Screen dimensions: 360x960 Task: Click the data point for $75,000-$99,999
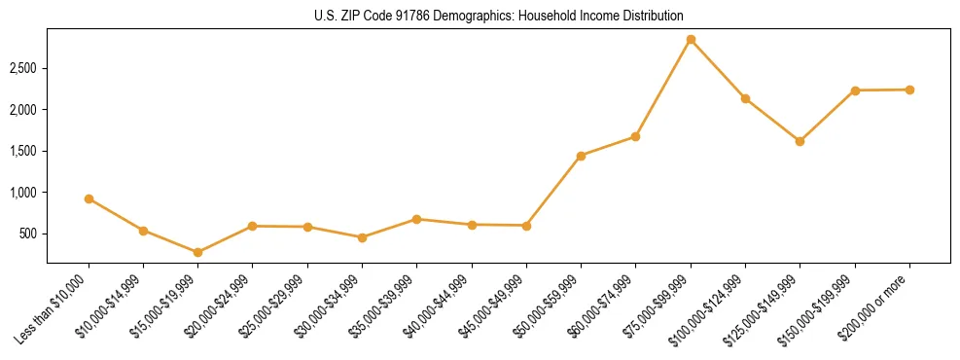(691, 40)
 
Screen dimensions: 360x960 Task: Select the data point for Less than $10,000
(89, 198)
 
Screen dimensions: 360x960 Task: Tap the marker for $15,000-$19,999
(197, 252)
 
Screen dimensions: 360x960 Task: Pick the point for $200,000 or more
(909, 90)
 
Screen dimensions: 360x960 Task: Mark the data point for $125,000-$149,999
(800, 141)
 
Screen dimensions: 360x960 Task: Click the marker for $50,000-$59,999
(581, 156)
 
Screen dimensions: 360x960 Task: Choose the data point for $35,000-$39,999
(416, 219)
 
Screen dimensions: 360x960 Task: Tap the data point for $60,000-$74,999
(635, 136)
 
